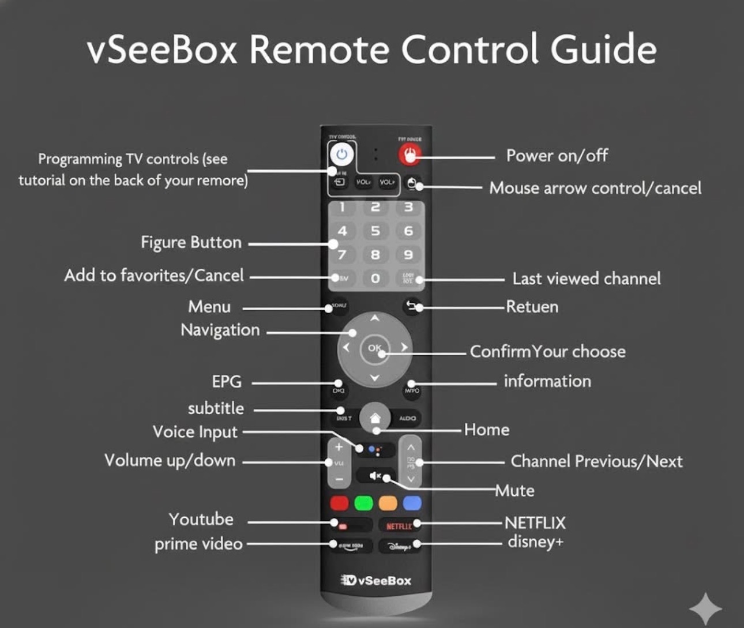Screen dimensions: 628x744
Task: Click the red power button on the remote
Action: coord(409,154)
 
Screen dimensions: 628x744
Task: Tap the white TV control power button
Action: coord(342,155)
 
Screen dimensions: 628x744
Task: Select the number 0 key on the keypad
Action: coord(375,279)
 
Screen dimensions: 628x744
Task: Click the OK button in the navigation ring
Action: coord(375,348)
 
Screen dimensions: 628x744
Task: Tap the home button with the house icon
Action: coord(375,417)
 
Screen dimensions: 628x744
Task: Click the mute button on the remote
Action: coord(375,476)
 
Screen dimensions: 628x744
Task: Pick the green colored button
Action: coord(363,503)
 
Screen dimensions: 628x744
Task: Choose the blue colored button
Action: coord(412,503)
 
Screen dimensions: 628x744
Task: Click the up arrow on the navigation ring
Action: coord(375,318)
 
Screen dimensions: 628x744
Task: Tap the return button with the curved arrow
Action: coord(411,306)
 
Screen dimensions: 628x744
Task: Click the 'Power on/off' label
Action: coord(557,156)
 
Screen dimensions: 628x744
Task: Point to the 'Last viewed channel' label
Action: coord(587,279)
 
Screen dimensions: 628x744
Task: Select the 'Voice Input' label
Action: coord(195,432)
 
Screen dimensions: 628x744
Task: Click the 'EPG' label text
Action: coord(227,382)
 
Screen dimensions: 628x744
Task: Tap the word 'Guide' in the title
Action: coord(603,49)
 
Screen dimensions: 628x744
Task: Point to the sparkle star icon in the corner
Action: coord(705,608)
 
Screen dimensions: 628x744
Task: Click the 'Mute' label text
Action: coord(515,491)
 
